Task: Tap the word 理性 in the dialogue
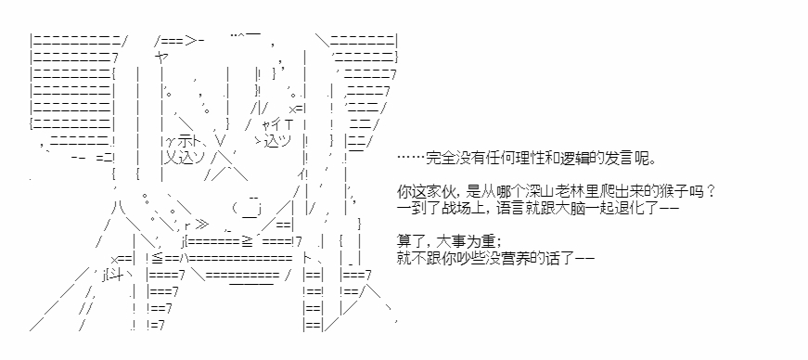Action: coord(527,159)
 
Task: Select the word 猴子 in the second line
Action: coord(673,192)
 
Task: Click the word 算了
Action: coord(411,242)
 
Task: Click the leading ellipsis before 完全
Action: coord(411,159)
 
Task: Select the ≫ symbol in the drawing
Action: coord(202,225)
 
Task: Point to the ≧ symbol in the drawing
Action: coord(247,242)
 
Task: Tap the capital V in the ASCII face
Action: coord(221,141)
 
